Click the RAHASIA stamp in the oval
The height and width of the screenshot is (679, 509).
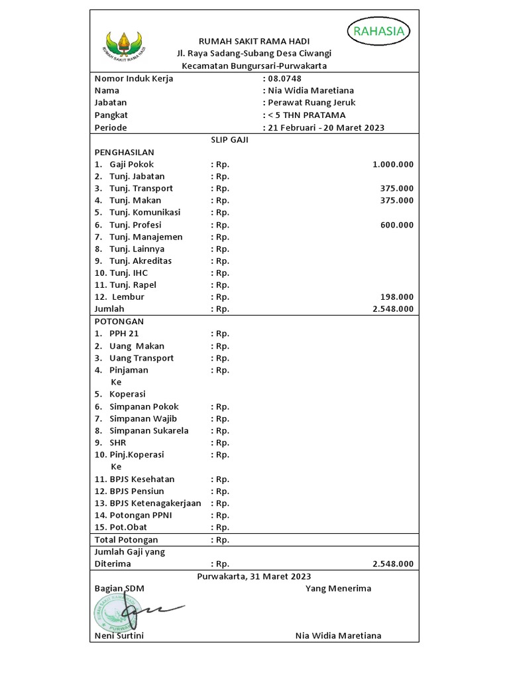(x=379, y=31)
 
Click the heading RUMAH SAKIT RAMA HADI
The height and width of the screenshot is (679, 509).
(x=254, y=41)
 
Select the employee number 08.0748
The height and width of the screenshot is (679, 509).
(x=284, y=78)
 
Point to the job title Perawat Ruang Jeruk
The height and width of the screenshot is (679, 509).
(x=311, y=103)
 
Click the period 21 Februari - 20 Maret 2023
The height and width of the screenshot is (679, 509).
(x=325, y=127)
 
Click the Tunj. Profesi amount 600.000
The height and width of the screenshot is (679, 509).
(x=396, y=225)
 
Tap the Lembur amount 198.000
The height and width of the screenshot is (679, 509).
(x=396, y=297)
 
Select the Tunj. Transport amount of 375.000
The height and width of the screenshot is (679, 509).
(x=396, y=188)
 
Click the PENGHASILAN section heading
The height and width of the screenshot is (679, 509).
(x=124, y=152)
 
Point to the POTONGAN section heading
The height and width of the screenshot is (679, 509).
(x=119, y=321)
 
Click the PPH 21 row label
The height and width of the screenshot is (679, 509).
(x=124, y=334)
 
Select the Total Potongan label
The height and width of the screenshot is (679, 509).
(x=126, y=540)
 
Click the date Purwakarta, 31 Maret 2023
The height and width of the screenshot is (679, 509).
(x=254, y=576)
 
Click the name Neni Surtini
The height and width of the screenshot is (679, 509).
(x=119, y=636)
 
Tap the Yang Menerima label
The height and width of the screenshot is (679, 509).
(x=338, y=588)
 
